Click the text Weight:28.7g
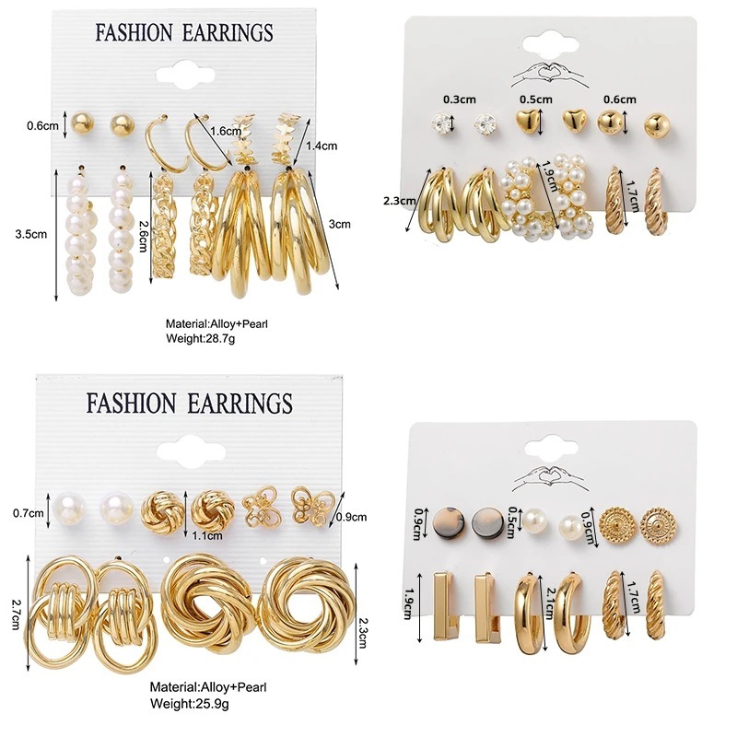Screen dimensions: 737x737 [200, 339]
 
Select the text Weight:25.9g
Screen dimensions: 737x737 [191, 703]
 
